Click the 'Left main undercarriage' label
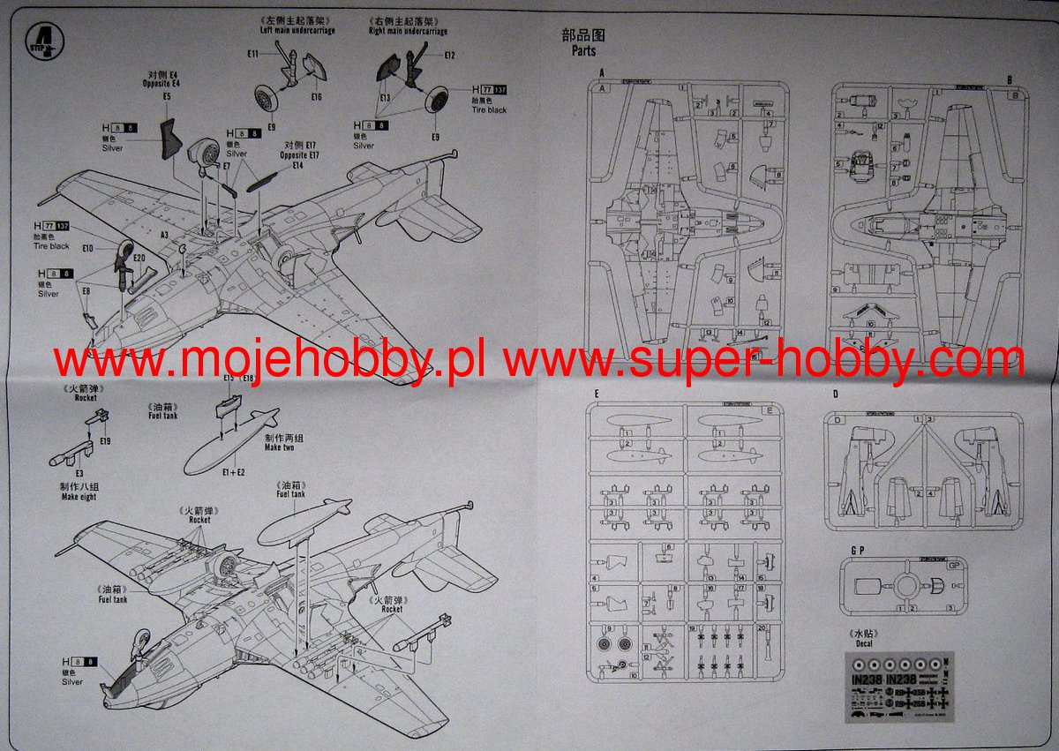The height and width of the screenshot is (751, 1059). click(x=297, y=30)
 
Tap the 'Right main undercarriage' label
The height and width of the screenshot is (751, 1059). click(x=407, y=31)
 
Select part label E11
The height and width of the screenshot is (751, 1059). click(x=252, y=55)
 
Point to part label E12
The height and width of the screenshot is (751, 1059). click(x=450, y=56)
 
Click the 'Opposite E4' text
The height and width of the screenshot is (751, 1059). click(x=161, y=83)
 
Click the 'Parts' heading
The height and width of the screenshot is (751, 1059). click(x=583, y=51)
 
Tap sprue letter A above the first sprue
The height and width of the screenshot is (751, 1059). click(x=602, y=74)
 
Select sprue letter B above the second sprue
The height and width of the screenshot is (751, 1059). click(x=1009, y=79)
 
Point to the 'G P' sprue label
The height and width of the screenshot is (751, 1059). click(x=856, y=551)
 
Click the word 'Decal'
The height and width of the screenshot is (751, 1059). click(x=863, y=644)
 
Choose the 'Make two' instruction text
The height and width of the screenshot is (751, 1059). click(x=279, y=447)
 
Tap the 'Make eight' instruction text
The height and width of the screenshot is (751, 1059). click(x=79, y=497)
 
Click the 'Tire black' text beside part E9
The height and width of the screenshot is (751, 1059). click(x=489, y=110)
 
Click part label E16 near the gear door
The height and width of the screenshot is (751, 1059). click(x=316, y=96)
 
